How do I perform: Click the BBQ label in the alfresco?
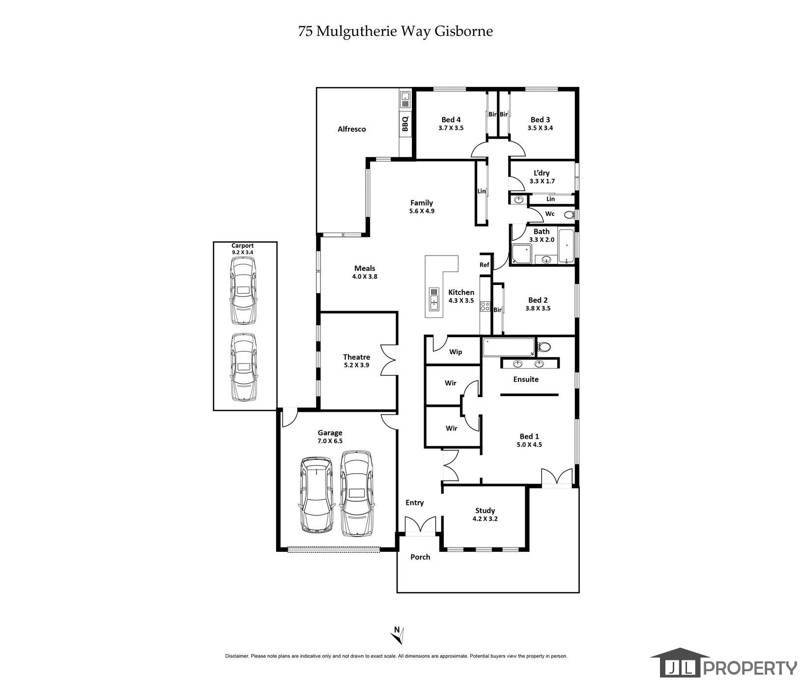[x=405, y=123]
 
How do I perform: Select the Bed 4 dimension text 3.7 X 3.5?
[x=451, y=128]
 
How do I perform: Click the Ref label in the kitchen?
[x=485, y=265]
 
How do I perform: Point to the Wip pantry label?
[x=456, y=352]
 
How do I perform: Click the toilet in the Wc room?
[x=569, y=215]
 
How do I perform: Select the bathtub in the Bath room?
[x=566, y=246]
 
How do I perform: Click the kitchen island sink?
[x=434, y=299]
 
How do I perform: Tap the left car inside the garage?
[x=317, y=495]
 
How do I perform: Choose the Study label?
[x=485, y=511]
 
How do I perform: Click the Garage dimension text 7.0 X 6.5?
[x=330, y=441]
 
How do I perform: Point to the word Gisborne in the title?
[x=464, y=31]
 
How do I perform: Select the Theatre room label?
[x=356, y=357]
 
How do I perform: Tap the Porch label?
[x=420, y=557]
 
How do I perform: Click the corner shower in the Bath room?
[x=522, y=254]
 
